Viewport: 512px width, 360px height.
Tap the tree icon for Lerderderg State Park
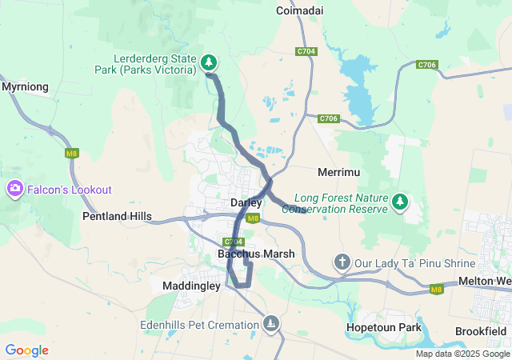click(x=208, y=62)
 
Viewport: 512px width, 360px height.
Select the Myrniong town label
click(x=25, y=86)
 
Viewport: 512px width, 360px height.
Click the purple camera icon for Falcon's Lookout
click(x=14, y=190)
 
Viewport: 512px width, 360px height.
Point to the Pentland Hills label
click(x=117, y=217)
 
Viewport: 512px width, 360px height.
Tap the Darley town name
click(x=246, y=203)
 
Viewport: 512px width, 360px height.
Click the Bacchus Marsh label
click(x=256, y=254)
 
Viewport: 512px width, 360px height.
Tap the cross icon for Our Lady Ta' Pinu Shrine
click(x=342, y=262)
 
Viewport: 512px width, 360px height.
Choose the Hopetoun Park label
click(x=383, y=328)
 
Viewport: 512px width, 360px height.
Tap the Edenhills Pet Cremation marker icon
click(x=272, y=323)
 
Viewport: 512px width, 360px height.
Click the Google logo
click(x=26, y=350)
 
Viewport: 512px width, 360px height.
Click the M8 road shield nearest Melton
click(x=436, y=290)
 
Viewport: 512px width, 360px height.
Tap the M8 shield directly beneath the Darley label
click(x=253, y=218)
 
